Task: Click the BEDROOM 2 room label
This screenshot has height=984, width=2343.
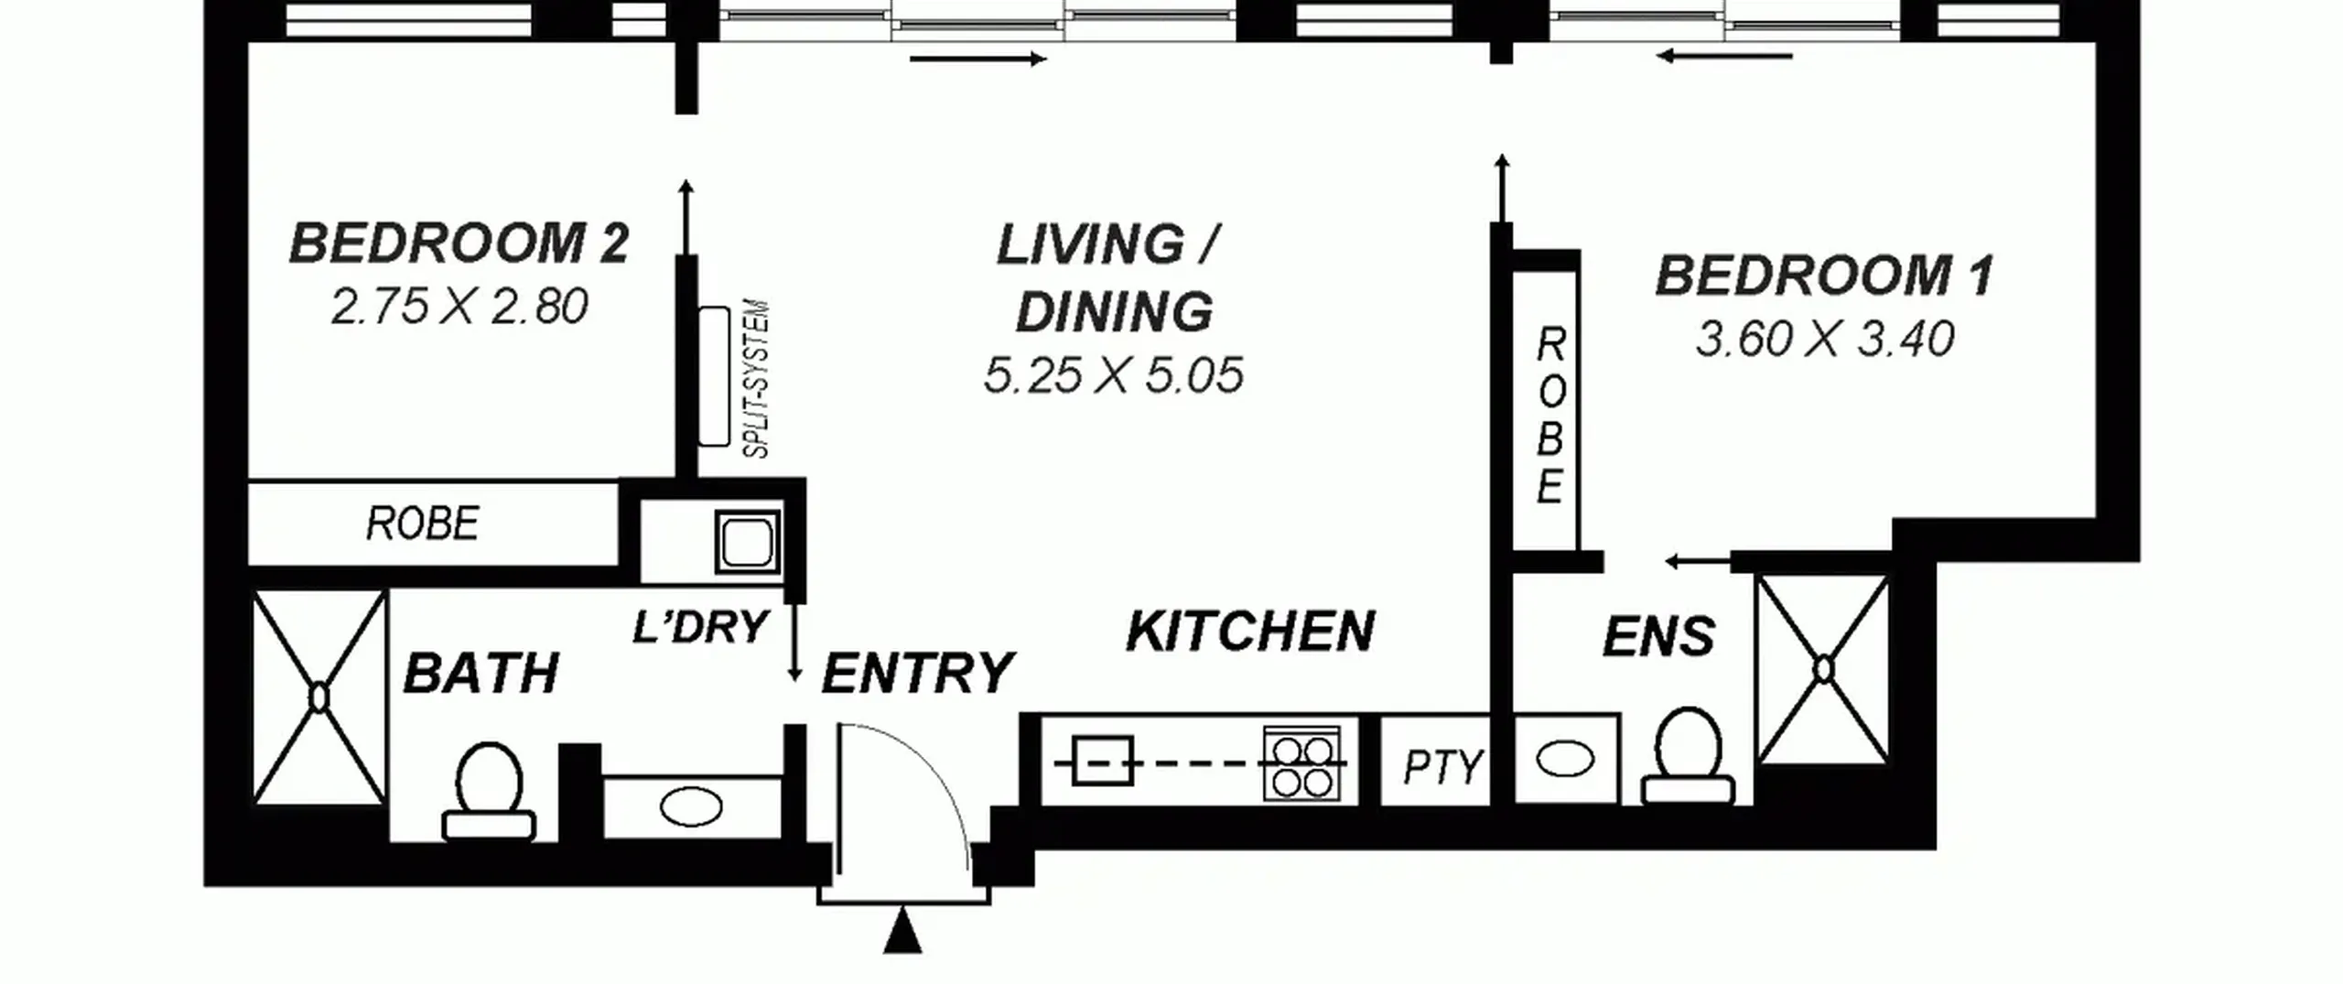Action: click(459, 243)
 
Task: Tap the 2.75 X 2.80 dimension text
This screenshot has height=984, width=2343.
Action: click(459, 307)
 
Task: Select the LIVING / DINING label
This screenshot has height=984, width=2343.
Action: click(1110, 278)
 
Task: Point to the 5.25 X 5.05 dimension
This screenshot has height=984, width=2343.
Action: click(1114, 375)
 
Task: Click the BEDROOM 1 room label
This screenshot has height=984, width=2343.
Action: click(1824, 276)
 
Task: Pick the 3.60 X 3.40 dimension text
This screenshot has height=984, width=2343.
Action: click(1825, 339)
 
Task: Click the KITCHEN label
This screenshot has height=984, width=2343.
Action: click(1250, 631)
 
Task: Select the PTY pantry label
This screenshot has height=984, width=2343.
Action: click(1443, 768)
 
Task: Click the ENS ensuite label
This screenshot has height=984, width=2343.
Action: click(1658, 637)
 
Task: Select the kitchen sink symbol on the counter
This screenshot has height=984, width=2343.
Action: click(1102, 761)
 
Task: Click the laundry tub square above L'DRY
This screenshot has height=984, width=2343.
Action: click(749, 542)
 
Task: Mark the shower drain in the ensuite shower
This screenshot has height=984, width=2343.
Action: click(1823, 670)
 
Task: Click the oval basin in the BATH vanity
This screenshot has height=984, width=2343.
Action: click(691, 807)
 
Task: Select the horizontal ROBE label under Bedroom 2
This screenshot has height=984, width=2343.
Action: click(423, 524)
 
